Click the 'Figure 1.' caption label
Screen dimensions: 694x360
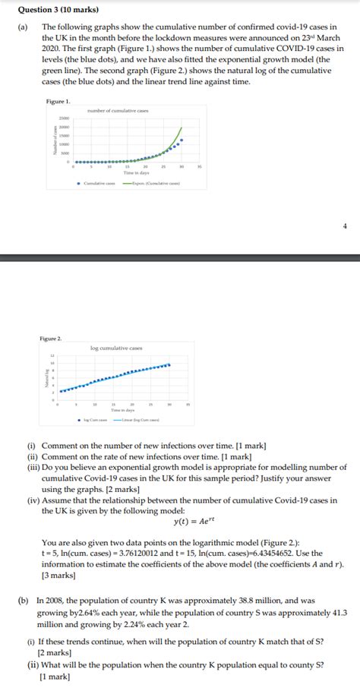pos(58,101)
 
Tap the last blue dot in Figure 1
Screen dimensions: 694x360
pos(182,140)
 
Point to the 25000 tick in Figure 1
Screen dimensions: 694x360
pos(65,119)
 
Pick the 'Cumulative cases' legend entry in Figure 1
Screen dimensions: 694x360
pos(98,183)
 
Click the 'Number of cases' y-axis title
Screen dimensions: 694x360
pos(54,140)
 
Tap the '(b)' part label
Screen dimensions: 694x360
pos(24,600)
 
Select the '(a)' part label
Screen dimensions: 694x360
pos(24,26)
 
